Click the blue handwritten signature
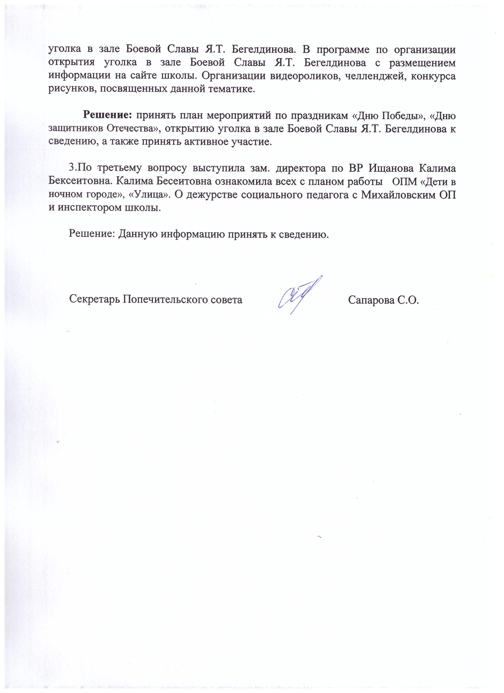(300, 295)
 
